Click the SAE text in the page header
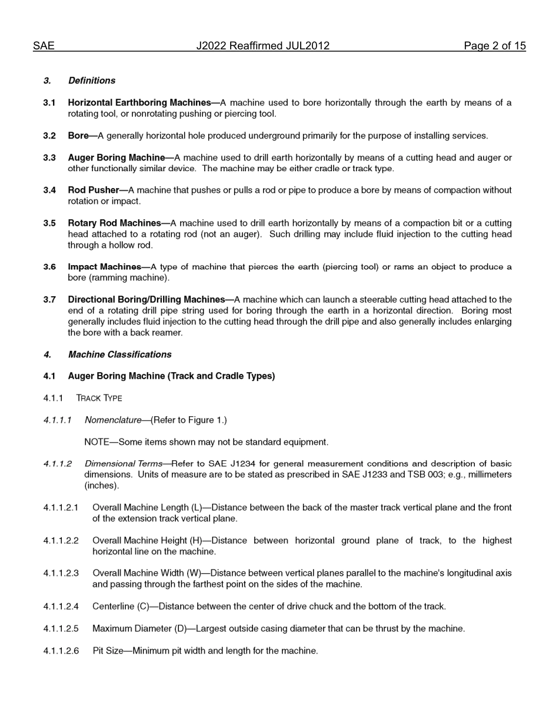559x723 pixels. (44, 46)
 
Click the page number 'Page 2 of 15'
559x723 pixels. (494, 46)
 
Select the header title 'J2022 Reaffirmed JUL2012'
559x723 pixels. (262, 46)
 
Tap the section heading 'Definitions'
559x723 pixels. (92, 81)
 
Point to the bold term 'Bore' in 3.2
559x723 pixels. (78, 136)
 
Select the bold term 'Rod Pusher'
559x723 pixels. (93, 190)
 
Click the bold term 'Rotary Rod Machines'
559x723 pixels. (114, 223)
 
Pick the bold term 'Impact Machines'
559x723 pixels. (104, 267)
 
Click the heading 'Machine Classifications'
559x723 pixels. (120, 354)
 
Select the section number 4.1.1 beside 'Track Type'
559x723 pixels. (53, 399)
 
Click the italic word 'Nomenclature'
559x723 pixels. (113, 420)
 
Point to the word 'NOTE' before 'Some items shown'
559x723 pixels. (97, 442)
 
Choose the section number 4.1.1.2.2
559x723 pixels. (61, 541)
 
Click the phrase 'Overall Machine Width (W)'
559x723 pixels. (147, 573)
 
